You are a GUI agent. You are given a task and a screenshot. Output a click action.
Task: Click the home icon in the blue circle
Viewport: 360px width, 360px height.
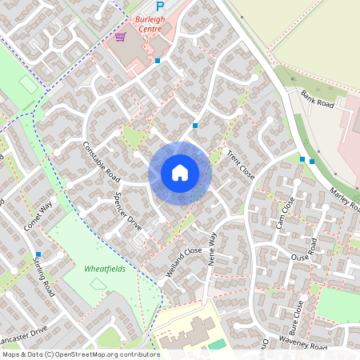click(180, 173)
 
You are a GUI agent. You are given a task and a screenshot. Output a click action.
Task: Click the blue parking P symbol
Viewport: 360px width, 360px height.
click(159, 6)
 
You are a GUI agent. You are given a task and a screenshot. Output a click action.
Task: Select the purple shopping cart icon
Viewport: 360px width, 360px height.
click(120, 37)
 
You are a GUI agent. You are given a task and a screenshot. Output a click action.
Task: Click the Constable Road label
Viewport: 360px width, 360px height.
click(101, 160)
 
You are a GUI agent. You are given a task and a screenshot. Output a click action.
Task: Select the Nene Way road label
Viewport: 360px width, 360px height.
click(212, 249)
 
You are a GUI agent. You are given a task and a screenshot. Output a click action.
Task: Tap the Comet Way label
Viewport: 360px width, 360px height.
click(38, 217)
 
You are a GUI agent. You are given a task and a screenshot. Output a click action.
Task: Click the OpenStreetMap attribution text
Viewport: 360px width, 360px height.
click(80, 354)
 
